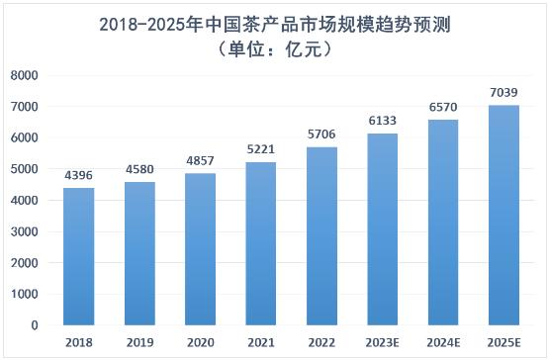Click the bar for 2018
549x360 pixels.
coord(79,257)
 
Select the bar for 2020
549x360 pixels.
coord(200,249)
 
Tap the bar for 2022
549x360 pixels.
coord(321,236)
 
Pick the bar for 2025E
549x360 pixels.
coord(503,216)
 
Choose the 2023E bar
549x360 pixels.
coord(383,229)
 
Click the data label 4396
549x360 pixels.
coord(78,175)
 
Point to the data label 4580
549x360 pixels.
coord(139,169)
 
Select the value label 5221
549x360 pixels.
coord(261,149)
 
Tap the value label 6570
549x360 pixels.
coord(443,107)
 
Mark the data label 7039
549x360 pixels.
coord(503,92)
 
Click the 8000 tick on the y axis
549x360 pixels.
coord(24,75)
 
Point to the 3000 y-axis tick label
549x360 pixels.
coord(24,231)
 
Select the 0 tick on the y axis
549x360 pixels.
coord(35,325)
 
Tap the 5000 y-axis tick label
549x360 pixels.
coord(24,169)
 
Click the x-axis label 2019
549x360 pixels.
coord(139,342)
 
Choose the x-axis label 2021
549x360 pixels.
coord(261,342)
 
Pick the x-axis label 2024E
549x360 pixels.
coord(443,342)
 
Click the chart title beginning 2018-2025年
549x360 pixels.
coord(275,25)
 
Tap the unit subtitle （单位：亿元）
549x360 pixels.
coord(275,49)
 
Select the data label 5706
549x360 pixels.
coord(321,135)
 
